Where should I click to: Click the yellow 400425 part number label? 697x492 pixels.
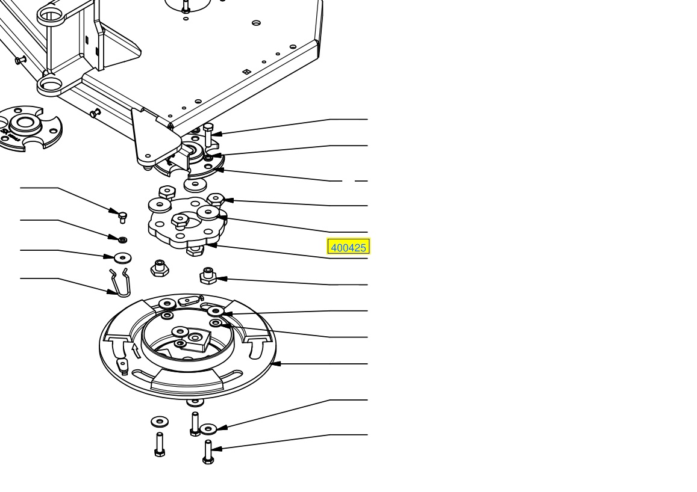pyautogui.click(x=348, y=247)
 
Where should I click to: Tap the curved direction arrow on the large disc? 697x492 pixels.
pyautogui.click(x=137, y=351)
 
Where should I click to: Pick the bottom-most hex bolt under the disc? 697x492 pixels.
pyautogui.click(x=208, y=452)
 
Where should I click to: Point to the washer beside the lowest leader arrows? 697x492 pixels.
pyautogui.click(x=208, y=429)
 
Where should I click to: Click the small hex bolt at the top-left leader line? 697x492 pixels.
pyautogui.click(x=122, y=217)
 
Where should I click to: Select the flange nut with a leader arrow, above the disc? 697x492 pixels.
pyautogui.click(x=208, y=275)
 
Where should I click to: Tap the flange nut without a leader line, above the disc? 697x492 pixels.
pyautogui.click(x=160, y=268)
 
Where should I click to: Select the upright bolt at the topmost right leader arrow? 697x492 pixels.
pyautogui.click(x=208, y=135)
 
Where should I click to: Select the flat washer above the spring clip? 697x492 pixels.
pyautogui.click(x=122, y=257)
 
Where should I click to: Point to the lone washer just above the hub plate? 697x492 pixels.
pyautogui.click(x=195, y=185)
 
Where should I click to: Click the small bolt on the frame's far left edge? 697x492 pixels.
pyautogui.click(x=20, y=60)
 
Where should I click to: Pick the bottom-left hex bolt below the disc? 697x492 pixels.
pyautogui.click(x=160, y=444)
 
